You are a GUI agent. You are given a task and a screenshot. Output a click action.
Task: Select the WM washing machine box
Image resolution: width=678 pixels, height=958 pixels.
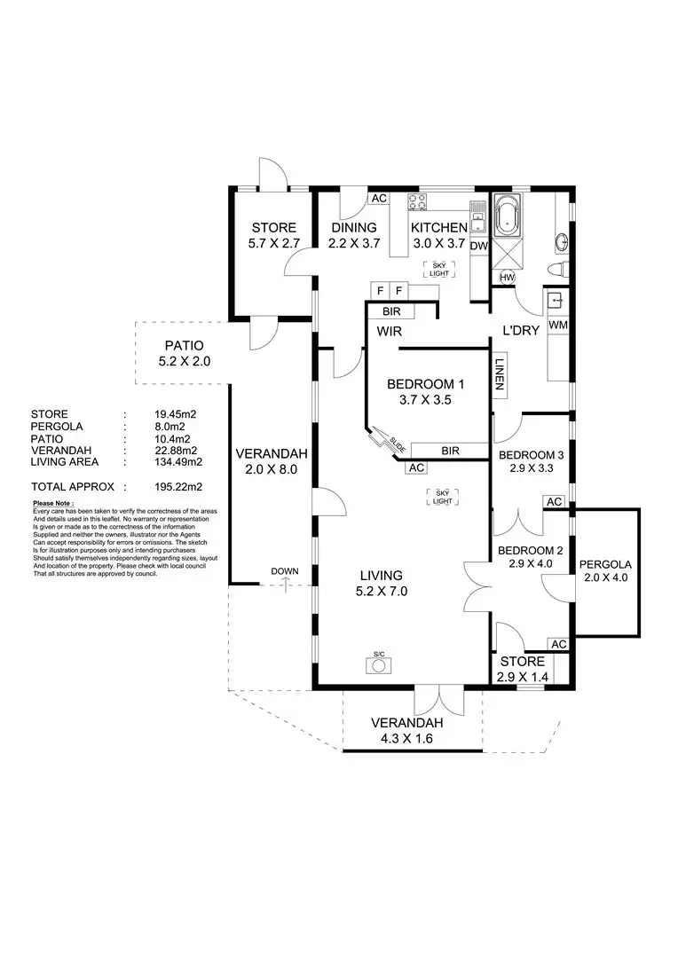tap(557, 325)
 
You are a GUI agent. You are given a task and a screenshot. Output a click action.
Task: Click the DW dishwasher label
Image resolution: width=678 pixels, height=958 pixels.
tap(479, 246)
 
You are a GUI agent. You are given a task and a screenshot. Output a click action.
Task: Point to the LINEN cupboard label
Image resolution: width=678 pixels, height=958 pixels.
tap(500, 375)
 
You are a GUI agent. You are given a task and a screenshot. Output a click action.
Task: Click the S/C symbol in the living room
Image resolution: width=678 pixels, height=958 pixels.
tap(379, 663)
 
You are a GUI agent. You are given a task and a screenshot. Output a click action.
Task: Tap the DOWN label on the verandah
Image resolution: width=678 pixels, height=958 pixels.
tap(286, 571)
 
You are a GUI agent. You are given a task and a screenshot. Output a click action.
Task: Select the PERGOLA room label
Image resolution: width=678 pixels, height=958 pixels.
tap(605, 564)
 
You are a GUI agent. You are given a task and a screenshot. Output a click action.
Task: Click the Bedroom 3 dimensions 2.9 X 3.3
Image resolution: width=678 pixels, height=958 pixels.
tap(530, 471)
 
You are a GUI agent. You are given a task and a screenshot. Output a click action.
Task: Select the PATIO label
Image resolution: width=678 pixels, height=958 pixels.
tap(184, 346)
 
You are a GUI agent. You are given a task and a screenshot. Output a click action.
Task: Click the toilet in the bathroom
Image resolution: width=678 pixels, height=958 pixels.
tap(557, 269)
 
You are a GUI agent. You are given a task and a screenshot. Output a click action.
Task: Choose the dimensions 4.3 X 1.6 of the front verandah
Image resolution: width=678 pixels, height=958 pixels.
tap(406, 737)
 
